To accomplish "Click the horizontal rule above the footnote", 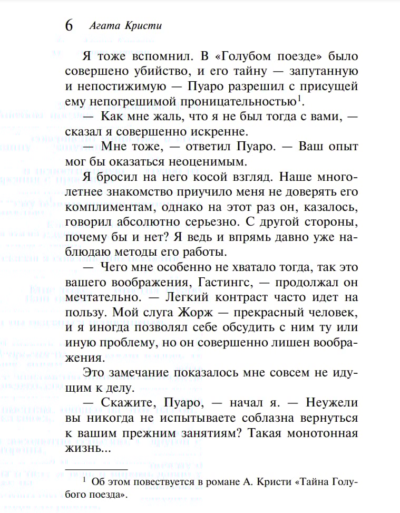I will [x=96, y=469].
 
